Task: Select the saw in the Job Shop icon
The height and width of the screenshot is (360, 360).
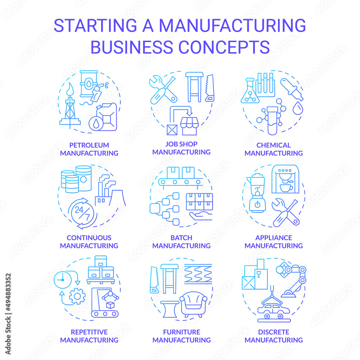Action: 209,88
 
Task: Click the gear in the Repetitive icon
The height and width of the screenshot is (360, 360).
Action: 77,297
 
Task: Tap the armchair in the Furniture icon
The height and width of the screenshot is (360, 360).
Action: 194,304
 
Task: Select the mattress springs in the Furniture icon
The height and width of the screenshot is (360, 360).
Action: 198,274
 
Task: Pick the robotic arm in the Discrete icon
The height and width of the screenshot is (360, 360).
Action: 292,279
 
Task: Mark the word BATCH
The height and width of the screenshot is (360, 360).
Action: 181,238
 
